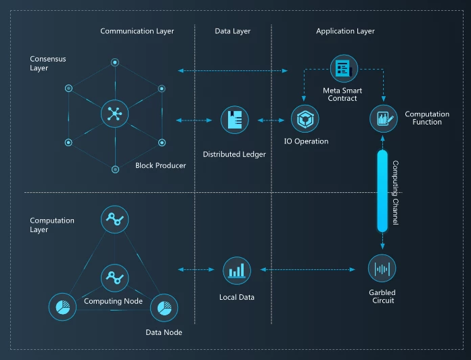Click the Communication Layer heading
(137, 31)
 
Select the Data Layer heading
(233, 31)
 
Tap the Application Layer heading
(345, 31)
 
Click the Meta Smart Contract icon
(344, 68)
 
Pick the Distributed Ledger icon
(235, 120)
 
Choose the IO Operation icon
(305, 118)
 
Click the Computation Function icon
(384, 118)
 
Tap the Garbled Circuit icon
(382, 269)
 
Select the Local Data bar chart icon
(237, 271)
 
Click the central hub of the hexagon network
(115, 114)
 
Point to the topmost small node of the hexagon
(115, 62)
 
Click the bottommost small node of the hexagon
(115, 170)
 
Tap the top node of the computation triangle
(115, 219)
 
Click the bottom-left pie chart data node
(62, 307)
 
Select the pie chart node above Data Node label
(164, 308)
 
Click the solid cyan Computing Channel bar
(382, 192)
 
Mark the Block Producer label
(160, 165)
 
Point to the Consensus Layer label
(48, 64)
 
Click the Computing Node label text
(113, 301)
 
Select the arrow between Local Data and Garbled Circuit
(308, 269)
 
